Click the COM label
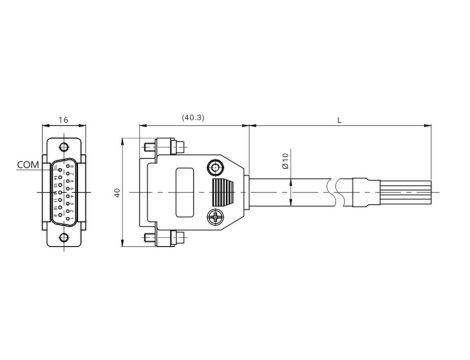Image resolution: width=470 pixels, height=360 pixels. pos(28,165)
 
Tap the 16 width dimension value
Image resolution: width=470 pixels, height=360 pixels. pos(63,120)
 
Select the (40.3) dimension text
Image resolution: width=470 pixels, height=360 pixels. pos(193,118)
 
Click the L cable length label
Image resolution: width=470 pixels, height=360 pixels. pos(340,120)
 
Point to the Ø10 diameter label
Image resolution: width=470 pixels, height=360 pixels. pos(285,161)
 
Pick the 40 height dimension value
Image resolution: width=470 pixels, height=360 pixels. pos(117,193)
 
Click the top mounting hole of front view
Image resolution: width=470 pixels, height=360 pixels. pos(63,147)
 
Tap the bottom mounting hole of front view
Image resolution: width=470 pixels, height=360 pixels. pos(63,238)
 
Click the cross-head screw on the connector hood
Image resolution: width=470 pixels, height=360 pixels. pos(215,217)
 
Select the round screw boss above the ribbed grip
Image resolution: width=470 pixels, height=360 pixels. pos(215,167)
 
